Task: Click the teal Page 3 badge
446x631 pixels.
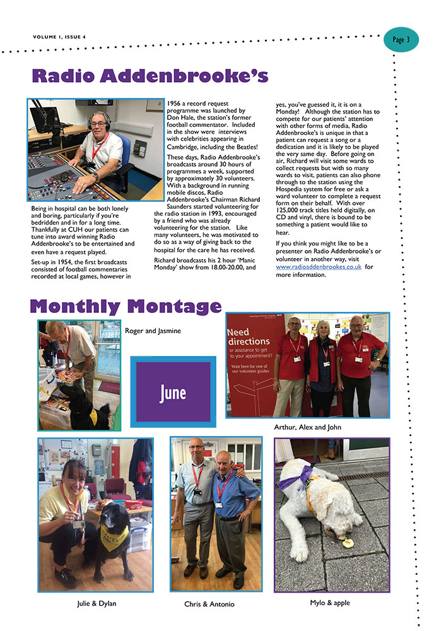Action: [x=401, y=40]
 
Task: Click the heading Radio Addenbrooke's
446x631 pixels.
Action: [x=150, y=76]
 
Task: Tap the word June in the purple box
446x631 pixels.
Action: [x=172, y=392]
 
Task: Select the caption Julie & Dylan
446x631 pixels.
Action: [x=95, y=603]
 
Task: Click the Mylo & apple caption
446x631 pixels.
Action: [x=330, y=603]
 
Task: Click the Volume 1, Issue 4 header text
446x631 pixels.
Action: [x=59, y=36]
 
